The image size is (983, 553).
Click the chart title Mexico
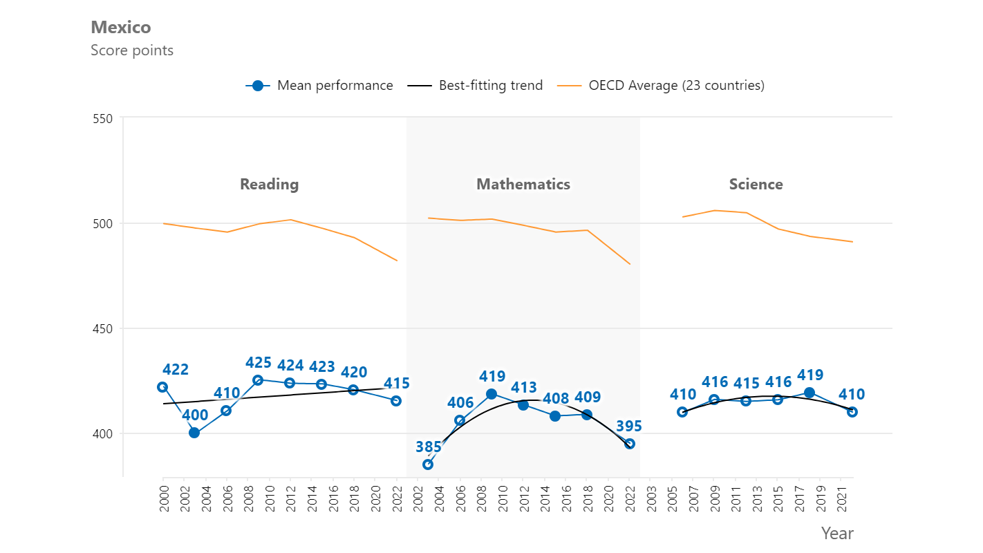click(x=120, y=28)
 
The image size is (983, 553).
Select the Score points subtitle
click(x=132, y=50)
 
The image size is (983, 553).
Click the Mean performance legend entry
click(x=319, y=86)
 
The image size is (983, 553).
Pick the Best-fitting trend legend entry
click(x=475, y=86)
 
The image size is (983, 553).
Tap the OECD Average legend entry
click(x=662, y=86)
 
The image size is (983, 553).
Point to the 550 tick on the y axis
click(x=102, y=118)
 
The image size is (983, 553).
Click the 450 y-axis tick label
click(x=102, y=329)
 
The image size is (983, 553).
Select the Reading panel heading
click(x=269, y=185)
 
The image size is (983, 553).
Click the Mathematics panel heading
click(x=523, y=185)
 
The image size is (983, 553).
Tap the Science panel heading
click(x=756, y=185)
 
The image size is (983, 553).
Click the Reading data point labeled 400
click(x=194, y=433)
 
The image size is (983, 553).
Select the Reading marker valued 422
click(x=162, y=387)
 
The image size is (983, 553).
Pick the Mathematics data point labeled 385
click(x=428, y=465)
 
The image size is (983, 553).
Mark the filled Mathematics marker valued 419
click(x=491, y=394)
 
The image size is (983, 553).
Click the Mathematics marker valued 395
click(x=630, y=444)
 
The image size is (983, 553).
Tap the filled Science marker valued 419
click(x=809, y=393)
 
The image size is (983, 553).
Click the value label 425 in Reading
click(x=259, y=363)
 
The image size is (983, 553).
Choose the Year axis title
click(x=837, y=534)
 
